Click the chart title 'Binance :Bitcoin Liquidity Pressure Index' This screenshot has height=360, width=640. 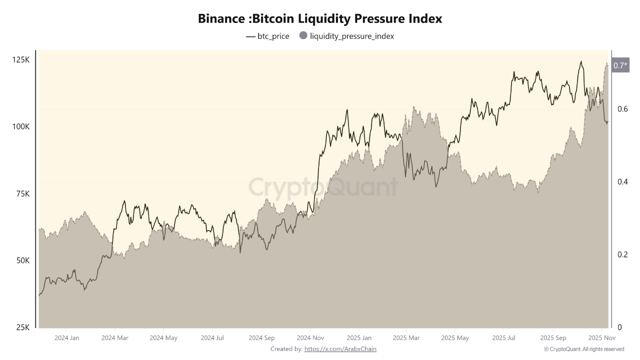[320, 18]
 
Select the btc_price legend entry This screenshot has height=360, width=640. [267, 36]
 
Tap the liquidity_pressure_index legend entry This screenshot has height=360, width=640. [346, 36]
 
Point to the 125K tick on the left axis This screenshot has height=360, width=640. [20, 60]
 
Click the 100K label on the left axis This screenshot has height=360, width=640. [20, 127]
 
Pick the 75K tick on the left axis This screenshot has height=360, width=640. [22, 194]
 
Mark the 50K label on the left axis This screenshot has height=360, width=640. [22, 261]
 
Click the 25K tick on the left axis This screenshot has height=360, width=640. [22, 327]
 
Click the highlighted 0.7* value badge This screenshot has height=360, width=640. [620, 65]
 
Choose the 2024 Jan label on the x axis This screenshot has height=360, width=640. [66, 338]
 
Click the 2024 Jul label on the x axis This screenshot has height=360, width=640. [212, 338]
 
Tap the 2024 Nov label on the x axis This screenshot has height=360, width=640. [310, 338]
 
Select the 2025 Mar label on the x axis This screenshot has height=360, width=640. [406, 338]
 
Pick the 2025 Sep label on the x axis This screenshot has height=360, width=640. [552, 338]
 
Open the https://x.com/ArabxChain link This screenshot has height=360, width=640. [340, 349]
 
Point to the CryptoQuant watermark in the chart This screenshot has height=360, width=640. [323, 187]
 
